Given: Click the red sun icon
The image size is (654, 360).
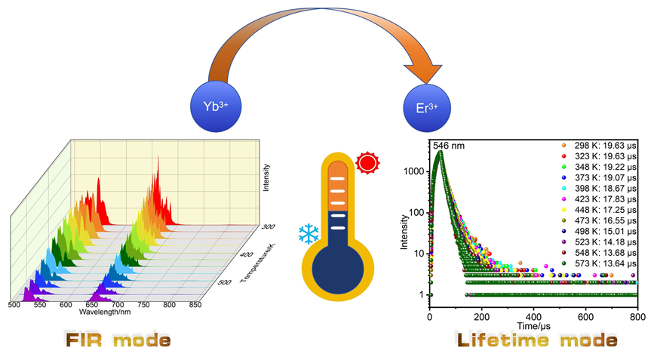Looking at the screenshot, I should (367, 162).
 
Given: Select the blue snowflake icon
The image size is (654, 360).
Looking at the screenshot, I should (309, 234).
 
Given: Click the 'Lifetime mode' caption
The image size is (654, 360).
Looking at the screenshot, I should (536, 340).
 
